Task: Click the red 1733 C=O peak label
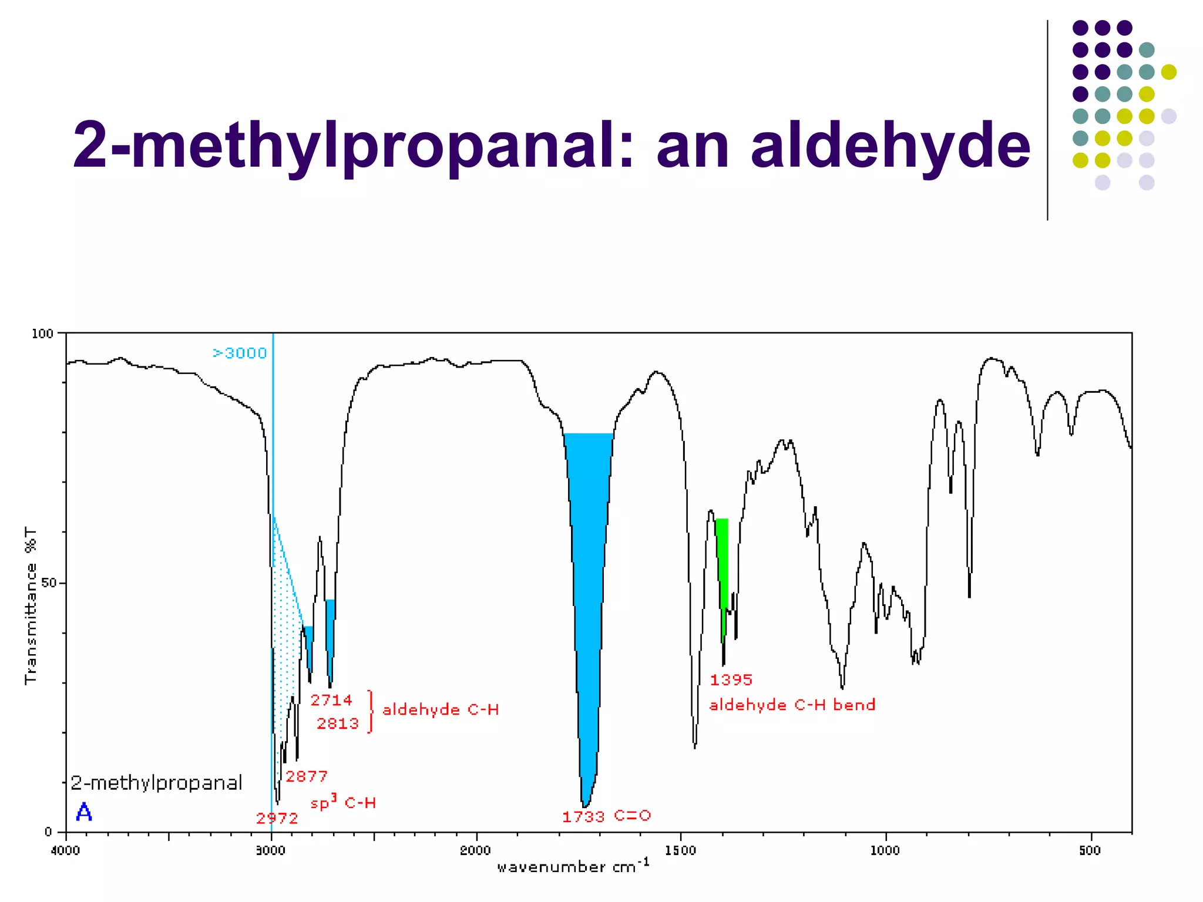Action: click(606, 816)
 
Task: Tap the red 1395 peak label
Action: click(731, 680)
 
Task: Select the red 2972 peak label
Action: click(277, 819)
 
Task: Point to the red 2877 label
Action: click(307, 777)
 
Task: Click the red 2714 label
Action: click(331, 701)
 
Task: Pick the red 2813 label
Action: click(338, 723)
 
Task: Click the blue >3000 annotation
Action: click(240, 353)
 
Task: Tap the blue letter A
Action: click(84, 813)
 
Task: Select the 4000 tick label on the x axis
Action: click(66, 851)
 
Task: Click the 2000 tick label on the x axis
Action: click(475, 851)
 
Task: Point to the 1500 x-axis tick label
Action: click(680, 851)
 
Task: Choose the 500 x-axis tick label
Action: click(1090, 851)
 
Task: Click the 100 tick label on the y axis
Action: click(42, 334)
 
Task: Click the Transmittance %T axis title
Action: click(31, 605)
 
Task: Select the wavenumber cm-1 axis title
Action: click(573, 867)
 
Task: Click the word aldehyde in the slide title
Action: click(891, 146)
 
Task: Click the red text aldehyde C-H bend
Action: click(792, 705)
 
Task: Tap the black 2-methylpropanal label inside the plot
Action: click(156, 783)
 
